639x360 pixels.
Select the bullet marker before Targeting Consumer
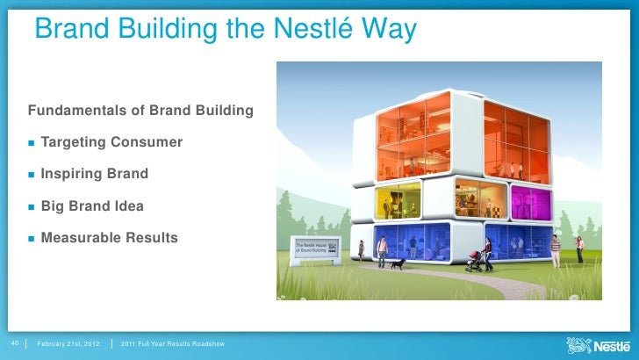coord(32,142)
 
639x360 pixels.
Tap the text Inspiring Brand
coord(94,174)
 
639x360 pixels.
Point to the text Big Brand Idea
coord(92,206)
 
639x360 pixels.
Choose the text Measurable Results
coord(109,238)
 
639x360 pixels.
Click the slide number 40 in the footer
coord(14,342)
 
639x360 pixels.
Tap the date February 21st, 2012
coord(68,342)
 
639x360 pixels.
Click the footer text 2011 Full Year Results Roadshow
coord(172,342)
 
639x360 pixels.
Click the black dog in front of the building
coord(398,263)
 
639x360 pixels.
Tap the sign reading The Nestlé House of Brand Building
coord(313,248)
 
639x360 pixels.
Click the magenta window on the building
coord(530,202)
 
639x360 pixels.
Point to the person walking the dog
coord(382,253)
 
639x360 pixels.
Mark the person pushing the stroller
coord(487,253)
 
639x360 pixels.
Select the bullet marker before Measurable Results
coord(32,238)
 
